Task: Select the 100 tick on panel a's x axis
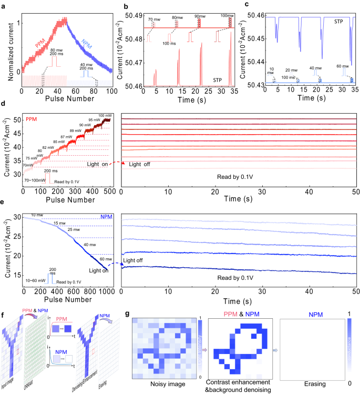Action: coord(111,91)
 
